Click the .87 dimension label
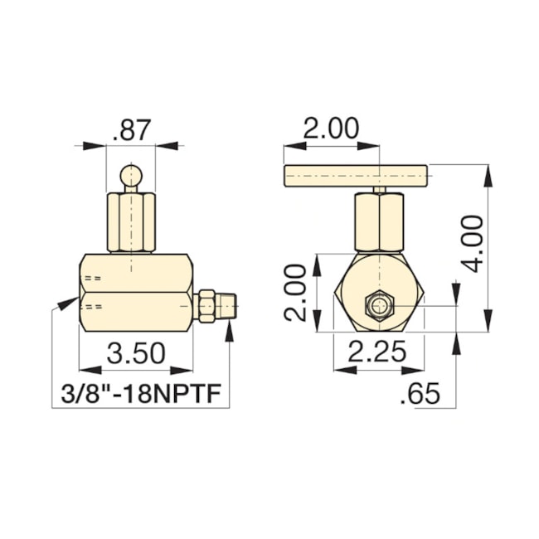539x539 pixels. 132,129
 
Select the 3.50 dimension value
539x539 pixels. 136,354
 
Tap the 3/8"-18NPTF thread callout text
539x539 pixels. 145,394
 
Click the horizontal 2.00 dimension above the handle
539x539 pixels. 330,129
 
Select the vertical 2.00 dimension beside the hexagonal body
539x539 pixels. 297,293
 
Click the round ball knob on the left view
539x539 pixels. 132,177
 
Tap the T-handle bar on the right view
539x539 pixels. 356,175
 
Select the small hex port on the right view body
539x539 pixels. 379,306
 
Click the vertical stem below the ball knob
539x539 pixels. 132,221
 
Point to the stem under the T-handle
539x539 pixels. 379,221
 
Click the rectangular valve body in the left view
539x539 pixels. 136,292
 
